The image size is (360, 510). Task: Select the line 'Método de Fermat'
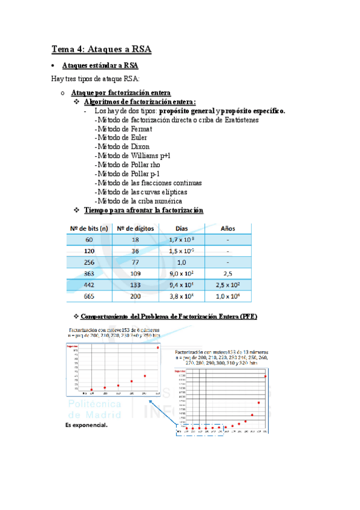(x=124, y=129)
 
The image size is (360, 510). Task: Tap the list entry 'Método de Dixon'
(x=123, y=147)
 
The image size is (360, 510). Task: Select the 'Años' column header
(x=228, y=229)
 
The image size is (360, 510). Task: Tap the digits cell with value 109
(x=135, y=274)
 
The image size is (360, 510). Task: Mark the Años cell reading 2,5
(x=228, y=274)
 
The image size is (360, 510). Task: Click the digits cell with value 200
(x=135, y=296)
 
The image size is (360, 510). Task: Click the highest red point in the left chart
(x=158, y=347)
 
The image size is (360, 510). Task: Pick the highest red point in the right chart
(x=265, y=376)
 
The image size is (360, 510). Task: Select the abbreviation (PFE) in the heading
(x=248, y=316)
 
